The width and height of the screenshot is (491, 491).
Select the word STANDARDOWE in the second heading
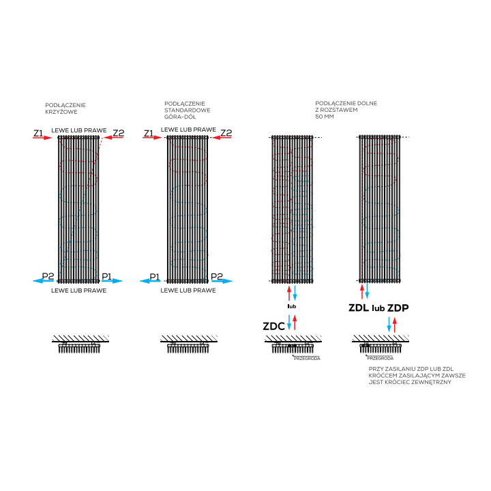click(x=188, y=110)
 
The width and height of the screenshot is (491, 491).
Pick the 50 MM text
click(x=325, y=117)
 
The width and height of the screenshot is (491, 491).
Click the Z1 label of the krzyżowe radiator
click(x=38, y=132)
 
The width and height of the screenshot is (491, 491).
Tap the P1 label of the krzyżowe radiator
click(x=106, y=276)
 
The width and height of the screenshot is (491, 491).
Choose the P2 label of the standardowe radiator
click(x=217, y=276)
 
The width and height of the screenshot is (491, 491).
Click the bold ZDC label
click(x=273, y=327)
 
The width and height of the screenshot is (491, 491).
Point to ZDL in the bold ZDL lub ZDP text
click(x=359, y=308)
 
